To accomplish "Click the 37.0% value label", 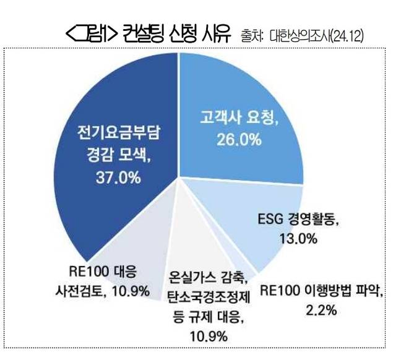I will [x=118, y=179].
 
